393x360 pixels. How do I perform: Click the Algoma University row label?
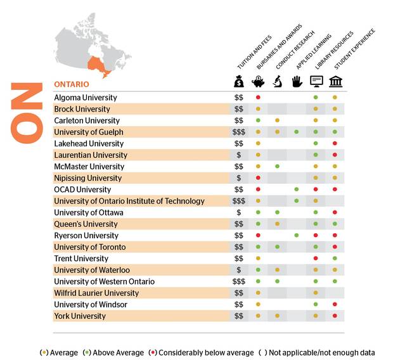point(86,98)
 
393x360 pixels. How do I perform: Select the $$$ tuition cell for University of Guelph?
point(238,132)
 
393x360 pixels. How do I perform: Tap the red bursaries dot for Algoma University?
point(258,98)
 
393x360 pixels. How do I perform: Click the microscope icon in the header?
point(277,81)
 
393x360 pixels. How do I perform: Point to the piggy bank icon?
point(258,81)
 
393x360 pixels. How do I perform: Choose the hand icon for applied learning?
point(296,81)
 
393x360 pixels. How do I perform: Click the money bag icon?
point(238,81)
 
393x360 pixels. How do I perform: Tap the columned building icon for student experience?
point(335,81)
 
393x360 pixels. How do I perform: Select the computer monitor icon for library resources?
point(316,81)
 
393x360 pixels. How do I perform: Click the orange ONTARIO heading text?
point(71,84)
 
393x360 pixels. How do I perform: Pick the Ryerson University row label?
point(86,235)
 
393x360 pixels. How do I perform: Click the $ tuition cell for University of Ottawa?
point(238,212)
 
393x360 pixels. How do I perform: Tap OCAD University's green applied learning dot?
point(296,190)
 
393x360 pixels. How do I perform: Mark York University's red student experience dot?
point(335,316)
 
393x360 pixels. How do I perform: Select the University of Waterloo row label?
point(92,270)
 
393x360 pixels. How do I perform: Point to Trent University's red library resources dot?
point(316,259)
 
